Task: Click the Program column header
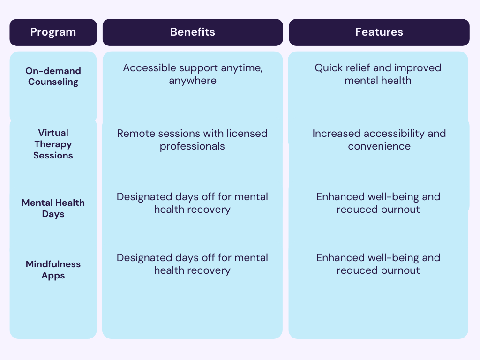point(53,32)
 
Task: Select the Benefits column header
point(192,32)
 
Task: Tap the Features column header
point(379,32)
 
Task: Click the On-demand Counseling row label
point(53,76)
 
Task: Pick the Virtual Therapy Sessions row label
point(53,144)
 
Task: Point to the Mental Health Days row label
point(53,208)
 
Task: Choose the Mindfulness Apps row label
point(53,270)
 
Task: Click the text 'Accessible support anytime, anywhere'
point(192,74)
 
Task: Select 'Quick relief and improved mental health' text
point(378,74)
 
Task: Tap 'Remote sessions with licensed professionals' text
point(192,140)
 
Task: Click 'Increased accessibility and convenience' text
point(379,140)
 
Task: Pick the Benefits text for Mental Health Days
point(192,203)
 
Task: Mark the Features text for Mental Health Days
point(378,203)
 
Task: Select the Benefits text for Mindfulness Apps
point(192,264)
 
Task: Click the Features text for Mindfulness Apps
point(378,264)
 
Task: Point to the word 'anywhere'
point(192,81)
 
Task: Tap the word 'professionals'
point(192,146)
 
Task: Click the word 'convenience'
point(379,146)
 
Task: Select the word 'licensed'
point(247,134)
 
